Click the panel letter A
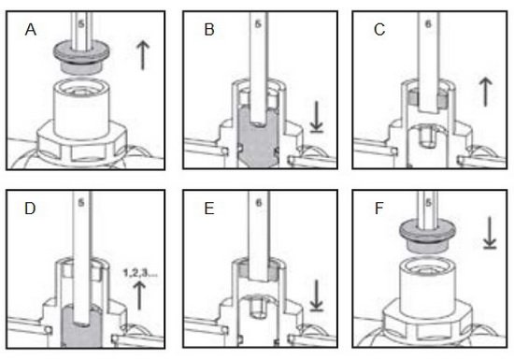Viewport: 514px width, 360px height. point(31,30)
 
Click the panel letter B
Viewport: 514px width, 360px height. point(209,30)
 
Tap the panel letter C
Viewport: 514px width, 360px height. point(379,30)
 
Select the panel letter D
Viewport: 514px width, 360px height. point(30,209)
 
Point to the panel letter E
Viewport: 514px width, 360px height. point(209,209)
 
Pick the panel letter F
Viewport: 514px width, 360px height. point(378,209)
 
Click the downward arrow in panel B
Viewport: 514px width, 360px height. point(317,117)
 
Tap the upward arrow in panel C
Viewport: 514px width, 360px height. point(485,92)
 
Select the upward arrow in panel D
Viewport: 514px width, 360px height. point(140,295)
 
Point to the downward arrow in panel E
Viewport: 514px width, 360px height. point(317,295)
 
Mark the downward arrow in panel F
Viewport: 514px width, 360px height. point(490,233)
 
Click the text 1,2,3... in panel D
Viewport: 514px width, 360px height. point(140,273)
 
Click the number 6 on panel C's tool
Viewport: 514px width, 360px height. point(428,24)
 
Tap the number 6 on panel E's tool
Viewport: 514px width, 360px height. point(259,203)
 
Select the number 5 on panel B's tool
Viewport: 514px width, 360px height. point(258,24)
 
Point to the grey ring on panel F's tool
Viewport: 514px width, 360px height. point(427,233)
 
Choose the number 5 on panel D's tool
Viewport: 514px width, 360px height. point(81,203)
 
